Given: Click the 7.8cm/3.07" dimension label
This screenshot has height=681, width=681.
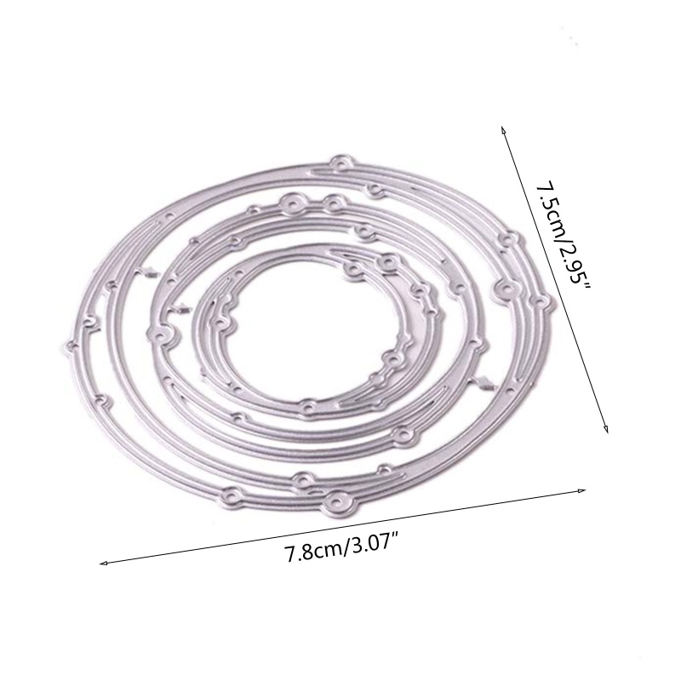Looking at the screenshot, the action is pos(342,552).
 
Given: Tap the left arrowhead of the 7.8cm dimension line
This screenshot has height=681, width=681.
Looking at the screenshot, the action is pos(103,564).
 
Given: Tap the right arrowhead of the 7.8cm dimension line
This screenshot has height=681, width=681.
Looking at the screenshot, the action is pos(581,491).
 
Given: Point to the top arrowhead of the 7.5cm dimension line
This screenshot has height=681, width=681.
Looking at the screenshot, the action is pos(503,130).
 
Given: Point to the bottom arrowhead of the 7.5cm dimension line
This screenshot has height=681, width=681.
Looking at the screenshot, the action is pos(606,429).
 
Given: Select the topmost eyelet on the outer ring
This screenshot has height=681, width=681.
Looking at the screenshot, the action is pos(341,163).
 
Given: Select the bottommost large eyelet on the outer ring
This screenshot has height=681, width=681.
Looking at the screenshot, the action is pos(337,501).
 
